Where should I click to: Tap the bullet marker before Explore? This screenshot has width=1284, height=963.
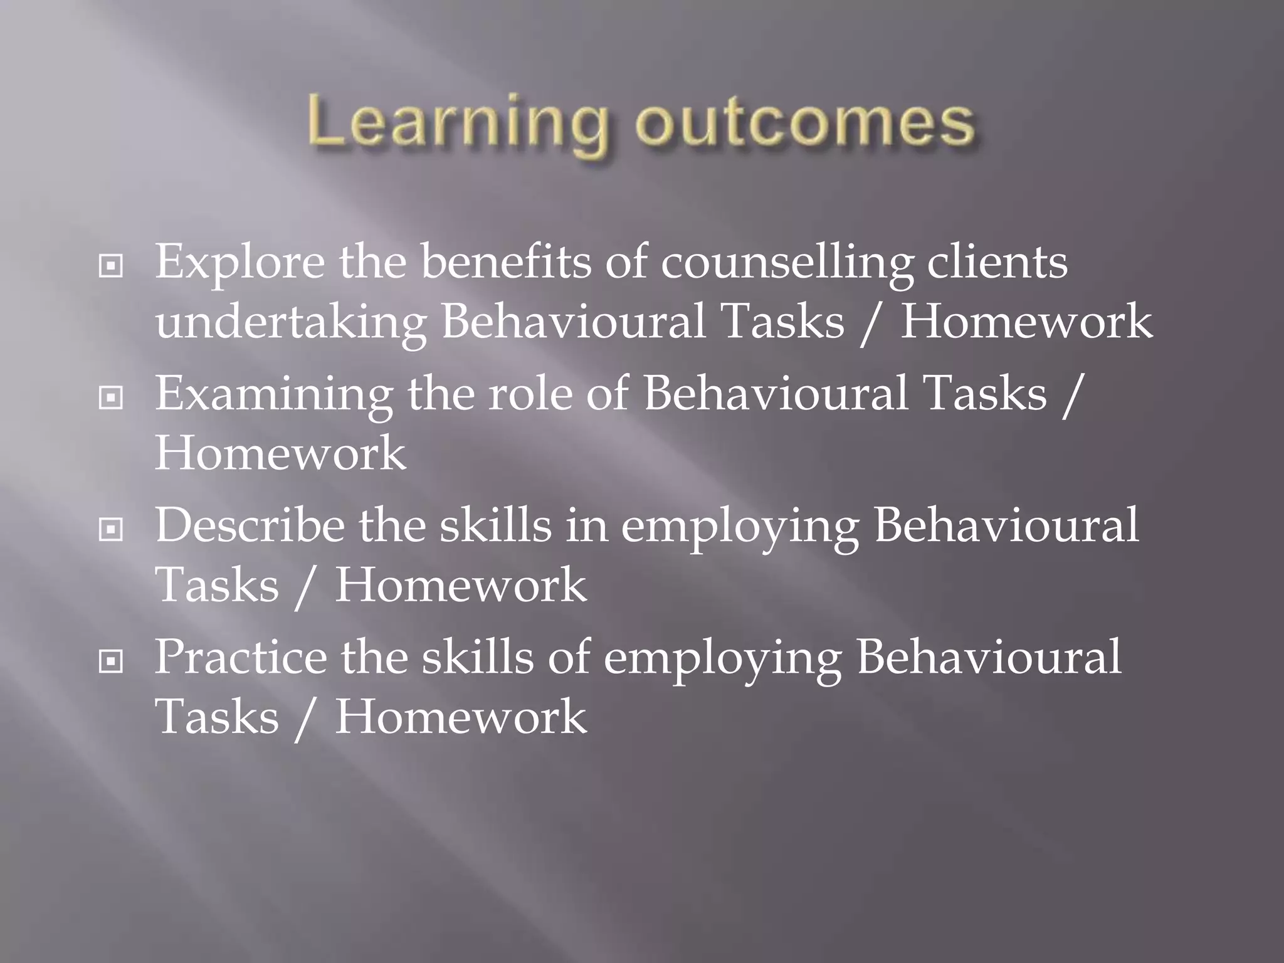tap(111, 266)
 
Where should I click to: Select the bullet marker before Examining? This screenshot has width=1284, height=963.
tap(111, 397)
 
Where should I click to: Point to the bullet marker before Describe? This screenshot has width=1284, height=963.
tap(111, 530)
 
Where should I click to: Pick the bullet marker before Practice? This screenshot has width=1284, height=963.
tap(111, 661)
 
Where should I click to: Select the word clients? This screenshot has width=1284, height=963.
tap(997, 262)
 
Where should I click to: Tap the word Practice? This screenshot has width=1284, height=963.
tap(241, 657)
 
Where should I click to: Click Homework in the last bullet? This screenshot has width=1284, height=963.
tap(461, 717)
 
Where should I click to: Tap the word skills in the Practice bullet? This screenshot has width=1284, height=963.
tap(477, 657)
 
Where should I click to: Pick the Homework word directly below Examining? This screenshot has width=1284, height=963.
tap(280, 453)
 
